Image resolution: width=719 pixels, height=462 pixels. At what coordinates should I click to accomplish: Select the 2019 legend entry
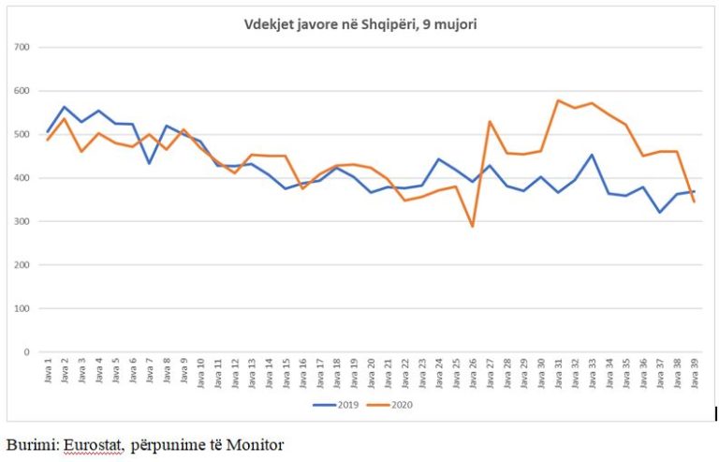[334, 405]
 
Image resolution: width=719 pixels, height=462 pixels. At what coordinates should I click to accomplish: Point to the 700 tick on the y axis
[22, 47]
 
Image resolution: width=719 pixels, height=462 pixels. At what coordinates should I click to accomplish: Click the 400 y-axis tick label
[22, 178]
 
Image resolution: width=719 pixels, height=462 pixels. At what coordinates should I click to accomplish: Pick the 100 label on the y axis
[22, 308]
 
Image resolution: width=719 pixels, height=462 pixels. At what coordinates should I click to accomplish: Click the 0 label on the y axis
[27, 352]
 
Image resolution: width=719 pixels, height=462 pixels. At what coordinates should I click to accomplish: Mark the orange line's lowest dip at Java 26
[473, 226]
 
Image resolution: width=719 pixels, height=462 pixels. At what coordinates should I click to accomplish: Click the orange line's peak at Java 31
[558, 100]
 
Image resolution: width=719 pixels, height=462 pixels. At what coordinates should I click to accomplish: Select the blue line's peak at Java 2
[66, 107]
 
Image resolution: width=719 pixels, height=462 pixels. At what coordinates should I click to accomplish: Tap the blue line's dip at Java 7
[150, 163]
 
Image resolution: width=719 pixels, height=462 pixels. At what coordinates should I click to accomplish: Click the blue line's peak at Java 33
[592, 155]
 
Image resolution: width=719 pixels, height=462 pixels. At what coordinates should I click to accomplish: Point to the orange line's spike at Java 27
[490, 121]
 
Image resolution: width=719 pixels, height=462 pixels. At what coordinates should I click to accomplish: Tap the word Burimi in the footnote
[31, 443]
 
